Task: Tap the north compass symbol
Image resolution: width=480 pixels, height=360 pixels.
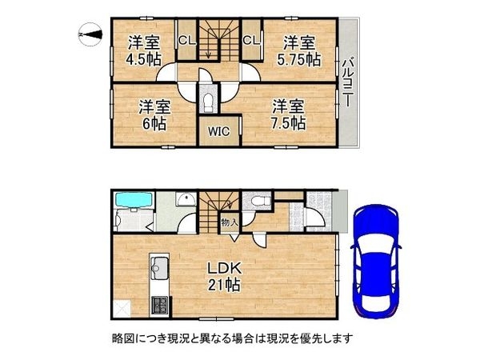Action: [x=90, y=34]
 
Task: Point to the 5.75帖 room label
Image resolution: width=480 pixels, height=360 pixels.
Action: [x=299, y=51]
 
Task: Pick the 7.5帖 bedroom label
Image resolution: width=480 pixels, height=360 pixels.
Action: [x=287, y=114]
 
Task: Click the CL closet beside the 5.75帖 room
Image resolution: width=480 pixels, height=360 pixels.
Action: [x=250, y=40]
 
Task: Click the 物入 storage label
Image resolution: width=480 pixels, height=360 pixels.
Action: [x=227, y=222]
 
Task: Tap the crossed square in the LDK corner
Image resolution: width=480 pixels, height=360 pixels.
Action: [x=124, y=306]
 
